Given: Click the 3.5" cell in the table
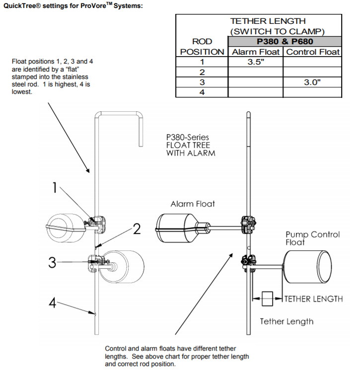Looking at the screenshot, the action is (256, 62).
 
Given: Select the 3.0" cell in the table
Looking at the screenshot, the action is (312, 82).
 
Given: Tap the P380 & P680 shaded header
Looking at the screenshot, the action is (285, 42).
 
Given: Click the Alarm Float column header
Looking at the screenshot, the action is (256, 52).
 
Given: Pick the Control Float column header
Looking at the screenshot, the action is (313, 52).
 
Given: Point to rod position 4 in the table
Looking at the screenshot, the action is (202, 92).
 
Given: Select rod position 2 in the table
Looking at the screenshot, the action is (202, 72).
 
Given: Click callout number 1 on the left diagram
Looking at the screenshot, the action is (55, 188).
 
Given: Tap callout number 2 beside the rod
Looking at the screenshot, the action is (137, 228).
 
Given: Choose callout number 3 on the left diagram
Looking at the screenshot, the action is (52, 262).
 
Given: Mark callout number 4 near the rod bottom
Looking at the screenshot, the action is (52, 302).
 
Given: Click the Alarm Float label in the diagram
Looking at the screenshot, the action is (193, 204).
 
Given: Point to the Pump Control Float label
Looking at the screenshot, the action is (313, 238).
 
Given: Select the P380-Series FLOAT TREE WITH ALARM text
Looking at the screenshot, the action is (191, 145).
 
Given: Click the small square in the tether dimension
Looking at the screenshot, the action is (267, 299).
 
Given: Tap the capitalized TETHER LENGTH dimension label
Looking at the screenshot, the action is (313, 299).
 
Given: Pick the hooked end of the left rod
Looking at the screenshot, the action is (141, 129).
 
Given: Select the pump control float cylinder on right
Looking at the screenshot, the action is (307, 267).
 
